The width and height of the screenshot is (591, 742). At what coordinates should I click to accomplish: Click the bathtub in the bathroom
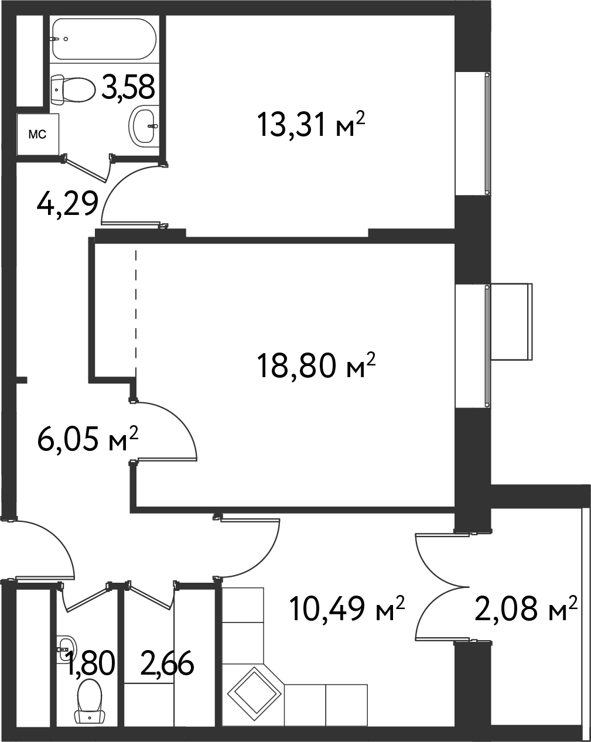point(104,39)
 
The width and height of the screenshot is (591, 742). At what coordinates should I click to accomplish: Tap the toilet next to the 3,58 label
point(73,90)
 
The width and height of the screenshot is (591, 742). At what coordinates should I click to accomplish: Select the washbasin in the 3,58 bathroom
point(144,125)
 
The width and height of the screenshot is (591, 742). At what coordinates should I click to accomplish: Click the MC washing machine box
point(38,135)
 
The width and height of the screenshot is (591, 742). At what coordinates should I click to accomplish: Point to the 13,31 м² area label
point(310,124)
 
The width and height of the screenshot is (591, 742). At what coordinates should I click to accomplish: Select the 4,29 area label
point(67,204)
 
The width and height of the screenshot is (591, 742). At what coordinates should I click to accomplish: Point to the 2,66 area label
point(168,664)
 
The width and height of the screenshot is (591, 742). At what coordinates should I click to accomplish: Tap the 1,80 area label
point(90,664)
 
